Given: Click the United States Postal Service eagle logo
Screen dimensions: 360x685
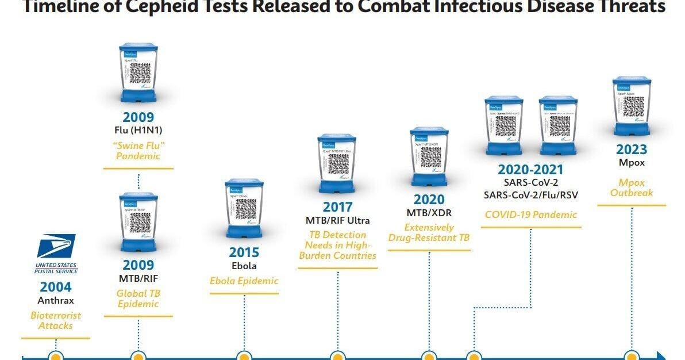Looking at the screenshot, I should pos(56,246).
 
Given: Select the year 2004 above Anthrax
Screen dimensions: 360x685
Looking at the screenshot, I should pos(56,287).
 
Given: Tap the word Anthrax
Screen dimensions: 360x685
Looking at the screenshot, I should pos(56,300).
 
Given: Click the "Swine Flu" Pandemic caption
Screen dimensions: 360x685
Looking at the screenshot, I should pos(138,151).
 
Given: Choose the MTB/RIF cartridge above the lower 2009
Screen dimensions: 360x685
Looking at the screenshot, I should pos(138,221).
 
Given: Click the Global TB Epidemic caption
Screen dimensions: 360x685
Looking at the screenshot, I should pos(138,298).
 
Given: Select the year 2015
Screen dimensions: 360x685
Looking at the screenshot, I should pos(244,252).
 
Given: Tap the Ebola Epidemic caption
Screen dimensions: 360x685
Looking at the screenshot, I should pos(244,281).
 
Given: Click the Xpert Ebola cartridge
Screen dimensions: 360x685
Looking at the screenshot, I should pos(244,207).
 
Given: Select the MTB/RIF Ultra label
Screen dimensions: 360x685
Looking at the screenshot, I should pos(338,220).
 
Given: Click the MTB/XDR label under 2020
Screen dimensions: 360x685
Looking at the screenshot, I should pos(429,213).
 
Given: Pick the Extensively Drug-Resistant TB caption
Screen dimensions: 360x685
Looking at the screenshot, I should pos(429,233).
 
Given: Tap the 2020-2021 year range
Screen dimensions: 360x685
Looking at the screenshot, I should pos(530,170).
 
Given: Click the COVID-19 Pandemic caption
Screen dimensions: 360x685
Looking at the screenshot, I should pos(530,215).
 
